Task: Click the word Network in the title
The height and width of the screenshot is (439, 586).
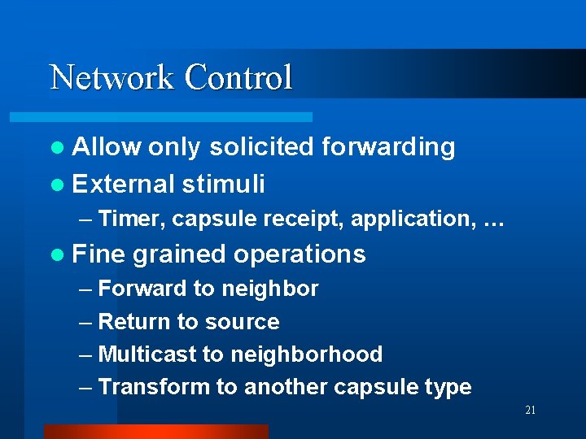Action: [112, 78]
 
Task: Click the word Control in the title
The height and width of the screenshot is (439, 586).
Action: [238, 78]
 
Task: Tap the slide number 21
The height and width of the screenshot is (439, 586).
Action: [530, 411]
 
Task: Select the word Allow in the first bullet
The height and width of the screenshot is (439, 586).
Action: [106, 147]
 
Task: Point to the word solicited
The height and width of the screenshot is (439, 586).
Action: [260, 147]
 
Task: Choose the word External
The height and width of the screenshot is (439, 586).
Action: [123, 184]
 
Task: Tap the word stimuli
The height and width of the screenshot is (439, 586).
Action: [224, 184]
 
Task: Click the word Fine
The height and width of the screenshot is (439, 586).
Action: [98, 254]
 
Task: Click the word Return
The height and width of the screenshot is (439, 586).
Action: [132, 322]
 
